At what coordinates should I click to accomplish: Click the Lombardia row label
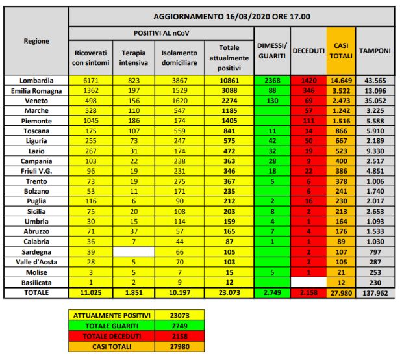pos(36,79)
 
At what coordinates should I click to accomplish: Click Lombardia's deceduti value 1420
pos(308,79)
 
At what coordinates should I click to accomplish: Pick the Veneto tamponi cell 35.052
pos(375,101)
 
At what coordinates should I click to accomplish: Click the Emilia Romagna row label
pos(36,90)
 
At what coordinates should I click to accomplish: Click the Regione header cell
pos(36,41)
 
